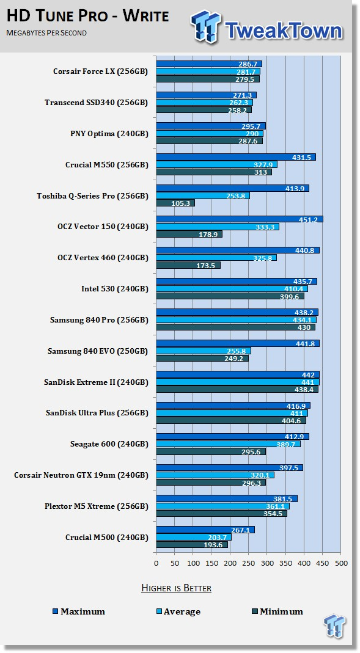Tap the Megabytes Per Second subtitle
[x=46, y=32]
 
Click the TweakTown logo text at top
[x=284, y=30]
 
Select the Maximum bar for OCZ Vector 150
[x=240, y=219]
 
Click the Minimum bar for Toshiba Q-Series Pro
[x=175, y=203]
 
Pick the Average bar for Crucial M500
[x=194, y=537]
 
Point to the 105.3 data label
[x=180, y=203]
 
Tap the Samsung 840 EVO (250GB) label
[x=98, y=351]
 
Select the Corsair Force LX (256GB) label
[x=100, y=71]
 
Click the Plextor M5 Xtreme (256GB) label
[x=96, y=506]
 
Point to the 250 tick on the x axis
[x=248, y=563]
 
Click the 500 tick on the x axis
[x=341, y=563]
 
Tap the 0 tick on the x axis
[x=156, y=563]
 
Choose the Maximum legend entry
[x=79, y=611]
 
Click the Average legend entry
[x=178, y=611]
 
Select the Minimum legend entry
[x=277, y=611]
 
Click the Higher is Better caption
[x=176, y=588]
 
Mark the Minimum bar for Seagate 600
[x=211, y=451]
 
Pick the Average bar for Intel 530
[x=232, y=288]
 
